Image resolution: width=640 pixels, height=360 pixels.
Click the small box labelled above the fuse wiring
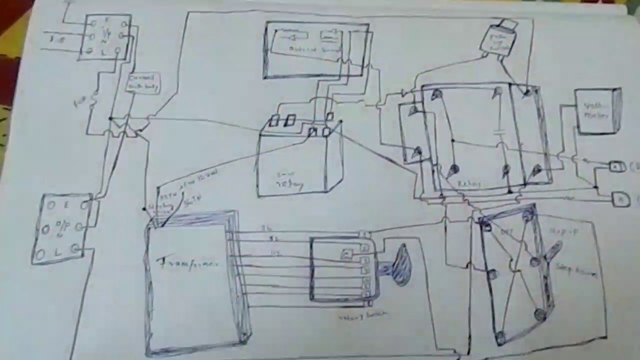click(x=143, y=82)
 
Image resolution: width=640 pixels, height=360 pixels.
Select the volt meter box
click(x=597, y=111)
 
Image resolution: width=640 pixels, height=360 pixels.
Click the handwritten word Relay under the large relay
click(x=468, y=184)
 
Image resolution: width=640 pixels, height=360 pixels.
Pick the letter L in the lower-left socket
click(x=57, y=252)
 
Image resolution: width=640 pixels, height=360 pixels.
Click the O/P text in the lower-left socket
click(x=62, y=228)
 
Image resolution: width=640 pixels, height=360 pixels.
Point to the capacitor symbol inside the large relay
click(x=498, y=132)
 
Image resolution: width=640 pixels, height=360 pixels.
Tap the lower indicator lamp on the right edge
click(x=620, y=199)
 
